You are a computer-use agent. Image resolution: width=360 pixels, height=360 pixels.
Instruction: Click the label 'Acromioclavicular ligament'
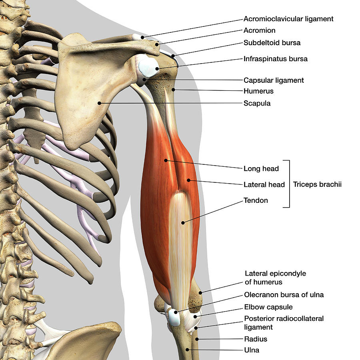(x=288, y=19)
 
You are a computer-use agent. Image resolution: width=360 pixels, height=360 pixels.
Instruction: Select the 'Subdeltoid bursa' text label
(x=272, y=43)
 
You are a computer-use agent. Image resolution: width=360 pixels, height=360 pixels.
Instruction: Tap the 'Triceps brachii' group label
(x=317, y=184)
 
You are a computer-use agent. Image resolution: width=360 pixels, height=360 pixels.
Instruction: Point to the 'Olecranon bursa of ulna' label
(x=284, y=294)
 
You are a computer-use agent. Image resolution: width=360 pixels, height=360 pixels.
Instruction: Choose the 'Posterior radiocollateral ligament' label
(x=284, y=323)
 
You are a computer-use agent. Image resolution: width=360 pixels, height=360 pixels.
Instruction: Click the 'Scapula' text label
(x=257, y=103)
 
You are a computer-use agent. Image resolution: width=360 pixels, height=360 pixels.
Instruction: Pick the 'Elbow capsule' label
(x=268, y=307)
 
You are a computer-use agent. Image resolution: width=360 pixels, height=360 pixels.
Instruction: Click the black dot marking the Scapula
(x=99, y=103)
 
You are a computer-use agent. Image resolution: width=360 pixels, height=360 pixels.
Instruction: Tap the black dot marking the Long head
(x=166, y=160)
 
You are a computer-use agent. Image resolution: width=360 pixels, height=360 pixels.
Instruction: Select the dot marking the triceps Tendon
(x=183, y=222)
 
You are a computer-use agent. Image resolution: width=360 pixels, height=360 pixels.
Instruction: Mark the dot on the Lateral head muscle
(x=188, y=180)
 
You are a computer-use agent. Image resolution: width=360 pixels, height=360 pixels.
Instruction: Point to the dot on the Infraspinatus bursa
(x=157, y=68)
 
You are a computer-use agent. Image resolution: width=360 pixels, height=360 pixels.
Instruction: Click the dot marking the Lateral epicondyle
(x=200, y=293)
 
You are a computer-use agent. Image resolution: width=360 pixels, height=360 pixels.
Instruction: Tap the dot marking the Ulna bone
(x=187, y=350)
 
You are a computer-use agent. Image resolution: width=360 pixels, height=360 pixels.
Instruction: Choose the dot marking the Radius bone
(x=197, y=339)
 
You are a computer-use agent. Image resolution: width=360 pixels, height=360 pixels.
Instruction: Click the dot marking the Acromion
(x=157, y=44)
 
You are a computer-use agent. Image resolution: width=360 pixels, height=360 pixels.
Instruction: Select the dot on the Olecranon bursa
(x=176, y=312)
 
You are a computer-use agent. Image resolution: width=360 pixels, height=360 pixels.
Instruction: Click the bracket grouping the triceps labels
(x=289, y=184)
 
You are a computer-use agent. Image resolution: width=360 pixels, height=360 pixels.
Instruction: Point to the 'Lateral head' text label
(x=264, y=184)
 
